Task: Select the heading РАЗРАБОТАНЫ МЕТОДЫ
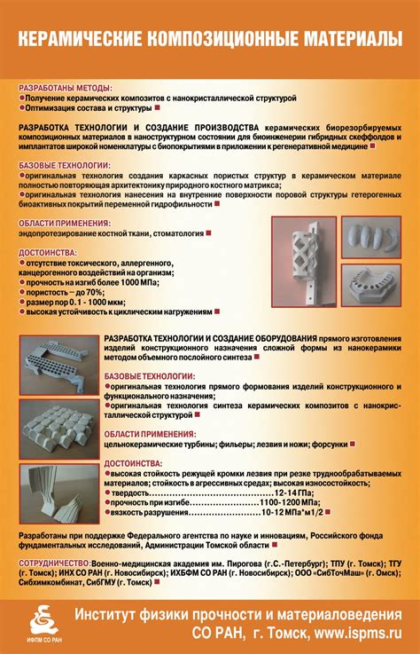66,88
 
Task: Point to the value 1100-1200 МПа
288,502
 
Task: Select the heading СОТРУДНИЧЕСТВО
53,563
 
